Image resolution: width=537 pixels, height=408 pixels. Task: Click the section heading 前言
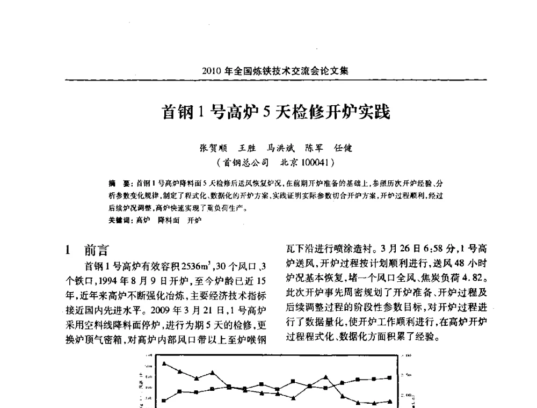[x=97, y=250]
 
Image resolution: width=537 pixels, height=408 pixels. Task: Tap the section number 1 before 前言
[x=68, y=250]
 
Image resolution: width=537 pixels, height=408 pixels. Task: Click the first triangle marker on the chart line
[x=164, y=363]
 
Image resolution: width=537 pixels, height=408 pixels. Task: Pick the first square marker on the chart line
[x=164, y=400]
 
